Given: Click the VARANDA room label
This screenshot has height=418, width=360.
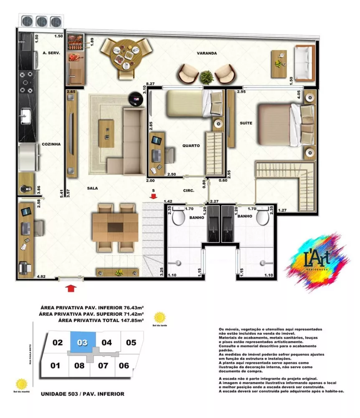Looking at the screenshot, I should (x=207, y=54).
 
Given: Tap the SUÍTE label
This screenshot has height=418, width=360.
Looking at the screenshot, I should (x=245, y=124).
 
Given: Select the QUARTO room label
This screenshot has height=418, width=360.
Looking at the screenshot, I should (x=191, y=146).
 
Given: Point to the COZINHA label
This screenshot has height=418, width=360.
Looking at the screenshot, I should (x=51, y=144).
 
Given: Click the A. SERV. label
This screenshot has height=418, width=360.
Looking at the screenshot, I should (x=51, y=53).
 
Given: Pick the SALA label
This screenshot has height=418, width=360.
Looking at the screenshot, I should (x=92, y=188).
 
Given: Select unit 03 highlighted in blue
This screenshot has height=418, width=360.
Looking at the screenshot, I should (x=82, y=343).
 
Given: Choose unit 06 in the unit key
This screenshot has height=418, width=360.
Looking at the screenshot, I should (x=124, y=365).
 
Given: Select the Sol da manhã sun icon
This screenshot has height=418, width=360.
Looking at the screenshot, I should (x=21, y=384).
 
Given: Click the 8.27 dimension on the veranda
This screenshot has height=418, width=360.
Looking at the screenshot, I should (x=150, y=84).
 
